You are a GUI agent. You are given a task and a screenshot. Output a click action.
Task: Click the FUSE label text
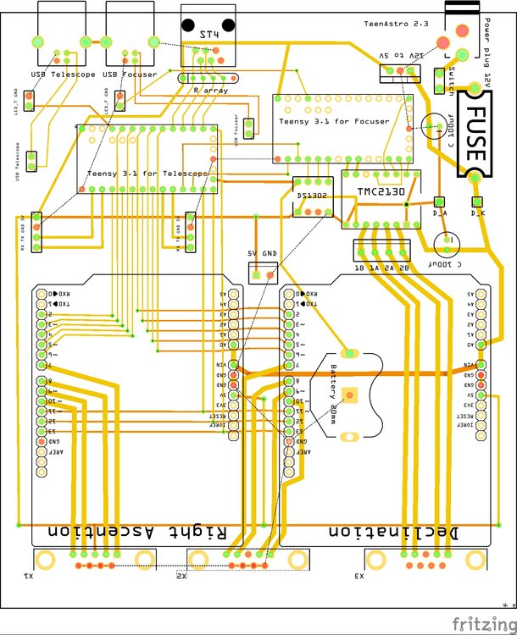point(476,136)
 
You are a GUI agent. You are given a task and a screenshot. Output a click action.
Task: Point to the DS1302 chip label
point(311,197)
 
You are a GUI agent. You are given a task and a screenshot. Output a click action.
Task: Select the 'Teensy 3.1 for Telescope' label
point(147,174)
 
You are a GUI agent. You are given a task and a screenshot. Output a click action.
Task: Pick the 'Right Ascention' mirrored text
point(138,532)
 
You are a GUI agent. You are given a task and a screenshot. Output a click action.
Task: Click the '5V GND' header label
point(263,254)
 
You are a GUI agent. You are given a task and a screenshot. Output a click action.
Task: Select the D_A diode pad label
point(439,213)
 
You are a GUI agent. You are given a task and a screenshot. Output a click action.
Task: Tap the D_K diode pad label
point(476,213)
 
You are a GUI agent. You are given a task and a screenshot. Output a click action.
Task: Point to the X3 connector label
point(359,577)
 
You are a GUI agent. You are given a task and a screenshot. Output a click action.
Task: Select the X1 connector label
point(30,577)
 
